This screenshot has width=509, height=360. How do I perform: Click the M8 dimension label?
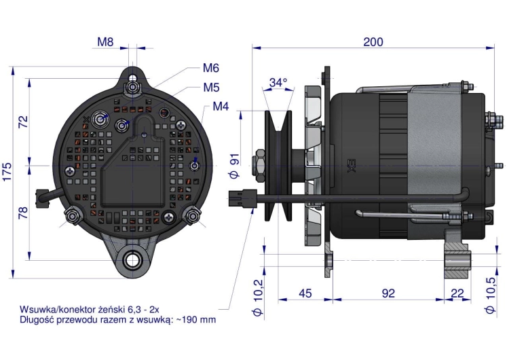pos(105,42)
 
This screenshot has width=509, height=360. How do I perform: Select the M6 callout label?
pos(210,68)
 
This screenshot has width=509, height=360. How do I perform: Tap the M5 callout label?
pos(211,87)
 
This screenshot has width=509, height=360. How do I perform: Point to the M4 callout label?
pos(221,107)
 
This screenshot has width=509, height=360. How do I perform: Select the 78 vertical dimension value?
pos(24,213)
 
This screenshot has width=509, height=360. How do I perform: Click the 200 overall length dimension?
pos(373,42)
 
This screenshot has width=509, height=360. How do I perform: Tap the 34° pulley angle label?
pos(278,82)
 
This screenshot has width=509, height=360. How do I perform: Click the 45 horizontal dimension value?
pos(305,293)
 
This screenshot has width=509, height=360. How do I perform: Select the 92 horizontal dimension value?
pos(388,293)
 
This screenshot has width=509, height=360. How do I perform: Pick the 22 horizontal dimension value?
pos(457,293)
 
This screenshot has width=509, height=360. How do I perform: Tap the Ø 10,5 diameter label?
pos(490,296)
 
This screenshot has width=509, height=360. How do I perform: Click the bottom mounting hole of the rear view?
pos(132,259)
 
